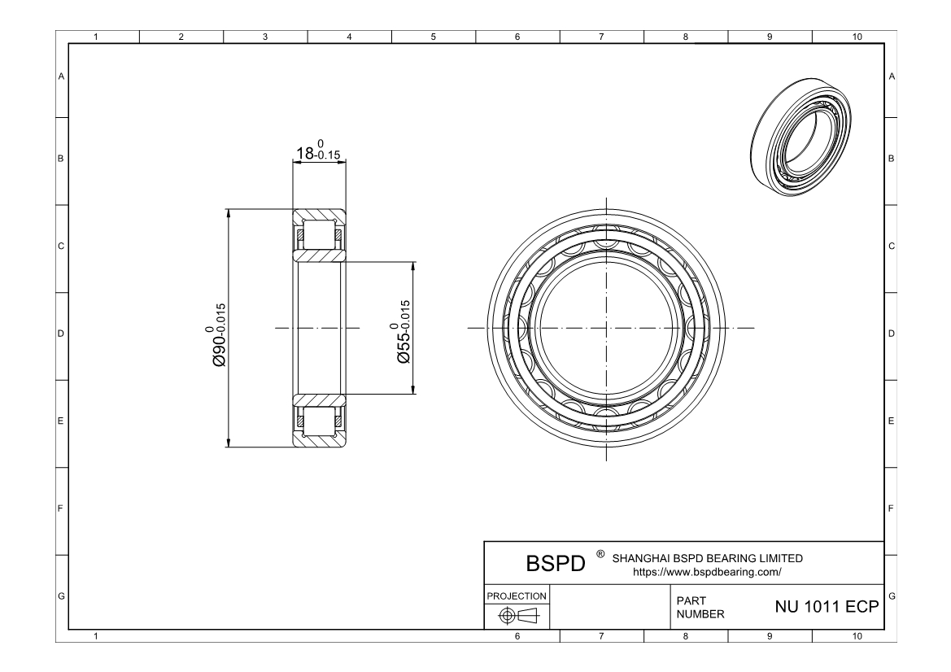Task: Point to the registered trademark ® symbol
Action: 600,554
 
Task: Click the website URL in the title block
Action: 707,571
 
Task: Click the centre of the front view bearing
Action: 607,329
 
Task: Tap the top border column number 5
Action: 433,36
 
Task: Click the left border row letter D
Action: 61,334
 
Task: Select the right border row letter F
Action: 892,510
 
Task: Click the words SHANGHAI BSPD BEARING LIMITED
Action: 707,558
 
